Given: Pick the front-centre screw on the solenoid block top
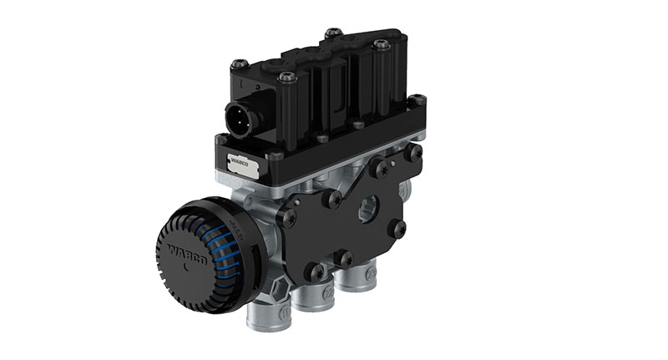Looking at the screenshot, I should point(286,78).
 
